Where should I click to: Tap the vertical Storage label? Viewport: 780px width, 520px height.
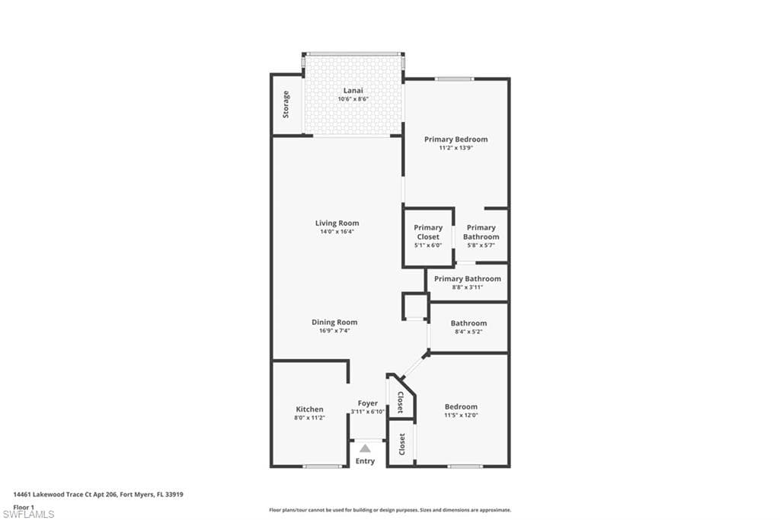tap(286, 104)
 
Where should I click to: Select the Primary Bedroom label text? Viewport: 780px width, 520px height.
tap(456, 140)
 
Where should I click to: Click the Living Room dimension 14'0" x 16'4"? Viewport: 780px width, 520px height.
tap(337, 232)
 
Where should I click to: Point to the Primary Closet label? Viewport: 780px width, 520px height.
tap(428, 232)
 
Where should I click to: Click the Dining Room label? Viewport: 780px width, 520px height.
tap(334, 322)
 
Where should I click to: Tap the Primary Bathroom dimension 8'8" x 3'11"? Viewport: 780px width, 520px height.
tap(467, 287)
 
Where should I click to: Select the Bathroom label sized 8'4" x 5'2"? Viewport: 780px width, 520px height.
tap(468, 323)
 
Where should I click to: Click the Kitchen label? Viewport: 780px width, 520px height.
tap(309, 409)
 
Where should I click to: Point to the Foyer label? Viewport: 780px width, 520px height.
tap(367, 403)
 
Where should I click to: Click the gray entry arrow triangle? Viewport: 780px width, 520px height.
tap(366, 448)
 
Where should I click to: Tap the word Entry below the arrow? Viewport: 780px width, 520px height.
tap(366, 461)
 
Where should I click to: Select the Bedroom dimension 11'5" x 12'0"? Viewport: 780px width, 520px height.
tap(462, 416)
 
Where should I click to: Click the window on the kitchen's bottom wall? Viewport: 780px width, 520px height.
tap(322, 466)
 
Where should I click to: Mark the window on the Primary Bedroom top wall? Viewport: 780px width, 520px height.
tap(454, 79)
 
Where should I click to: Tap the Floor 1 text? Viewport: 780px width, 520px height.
tap(24, 507)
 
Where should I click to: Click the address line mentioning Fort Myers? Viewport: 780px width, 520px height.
tap(98, 495)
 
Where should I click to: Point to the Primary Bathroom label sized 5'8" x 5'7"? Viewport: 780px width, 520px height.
tap(481, 232)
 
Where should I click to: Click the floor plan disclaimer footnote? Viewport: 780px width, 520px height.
tap(389, 510)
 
